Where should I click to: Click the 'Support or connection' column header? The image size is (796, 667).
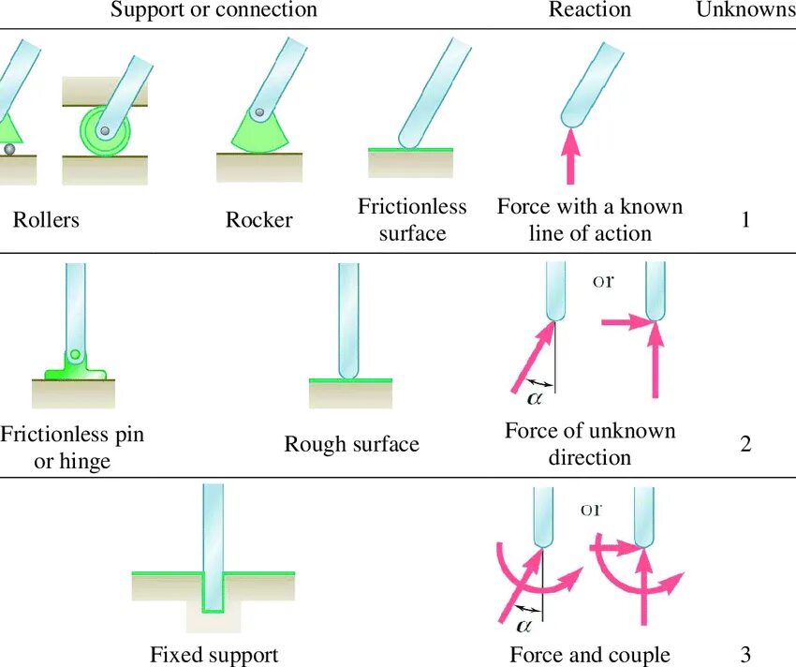(x=214, y=10)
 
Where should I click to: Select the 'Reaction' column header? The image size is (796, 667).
(x=589, y=10)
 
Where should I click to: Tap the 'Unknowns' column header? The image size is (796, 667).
(x=745, y=10)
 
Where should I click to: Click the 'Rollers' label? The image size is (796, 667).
(x=46, y=220)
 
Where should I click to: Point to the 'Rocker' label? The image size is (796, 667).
(x=258, y=220)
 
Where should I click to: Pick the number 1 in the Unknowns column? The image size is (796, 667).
(x=745, y=221)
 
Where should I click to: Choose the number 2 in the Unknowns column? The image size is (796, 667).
(x=745, y=444)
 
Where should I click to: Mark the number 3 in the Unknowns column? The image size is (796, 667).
(x=745, y=655)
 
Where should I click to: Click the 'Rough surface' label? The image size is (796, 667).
(x=351, y=444)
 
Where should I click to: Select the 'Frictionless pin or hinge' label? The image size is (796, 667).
(x=72, y=448)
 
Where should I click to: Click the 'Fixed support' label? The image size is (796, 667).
(x=214, y=655)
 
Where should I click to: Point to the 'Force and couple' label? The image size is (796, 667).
(x=590, y=655)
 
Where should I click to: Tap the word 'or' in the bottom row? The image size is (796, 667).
(x=592, y=511)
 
